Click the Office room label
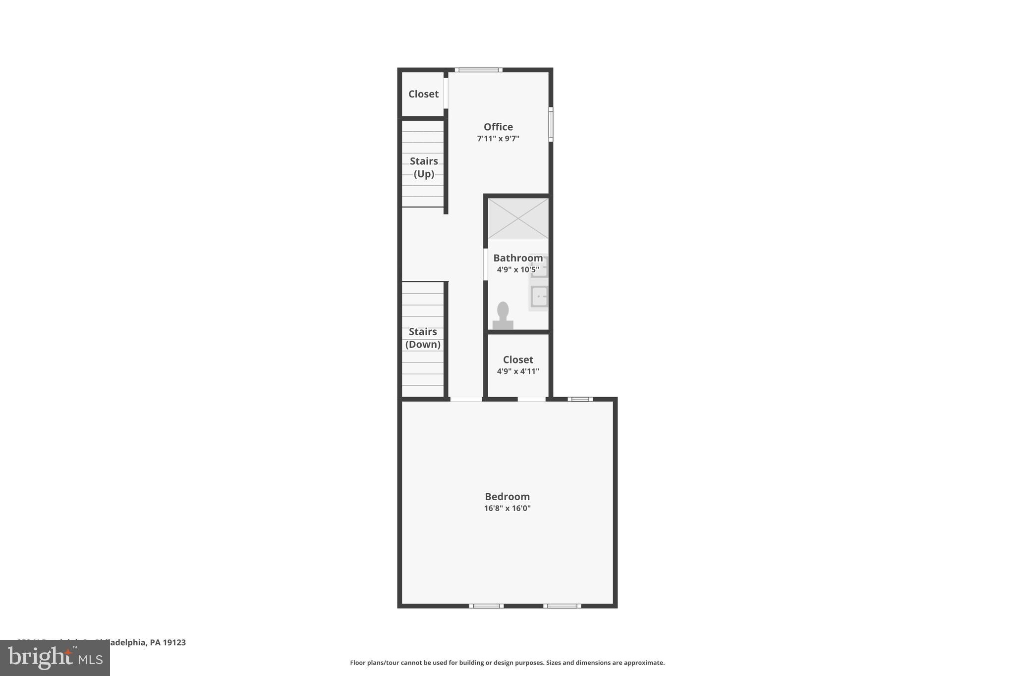click(498, 127)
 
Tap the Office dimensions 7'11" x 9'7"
click(498, 139)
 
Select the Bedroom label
click(507, 496)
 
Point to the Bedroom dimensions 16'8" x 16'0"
click(507, 508)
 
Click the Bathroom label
click(517, 258)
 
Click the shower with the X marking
click(518, 218)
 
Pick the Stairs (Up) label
click(424, 167)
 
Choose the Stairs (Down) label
click(423, 338)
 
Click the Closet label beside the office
click(423, 94)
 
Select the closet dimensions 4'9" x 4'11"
click(518, 371)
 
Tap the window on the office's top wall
click(478, 70)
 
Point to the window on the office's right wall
click(551, 124)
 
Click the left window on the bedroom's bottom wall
click(486, 606)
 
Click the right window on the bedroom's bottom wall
click(562, 606)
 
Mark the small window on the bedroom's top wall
click(580, 399)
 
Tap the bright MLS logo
click(55, 658)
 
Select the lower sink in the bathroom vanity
click(539, 297)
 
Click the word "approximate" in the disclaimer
click(643, 663)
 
